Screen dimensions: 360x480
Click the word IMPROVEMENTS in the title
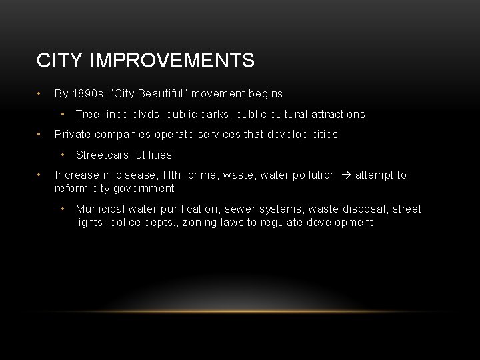point(173,61)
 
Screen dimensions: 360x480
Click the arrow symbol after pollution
point(346,175)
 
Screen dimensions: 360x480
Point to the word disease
point(135,175)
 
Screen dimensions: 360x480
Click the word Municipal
point(100,209)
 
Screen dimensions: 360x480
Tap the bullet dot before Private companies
point(41,134)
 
